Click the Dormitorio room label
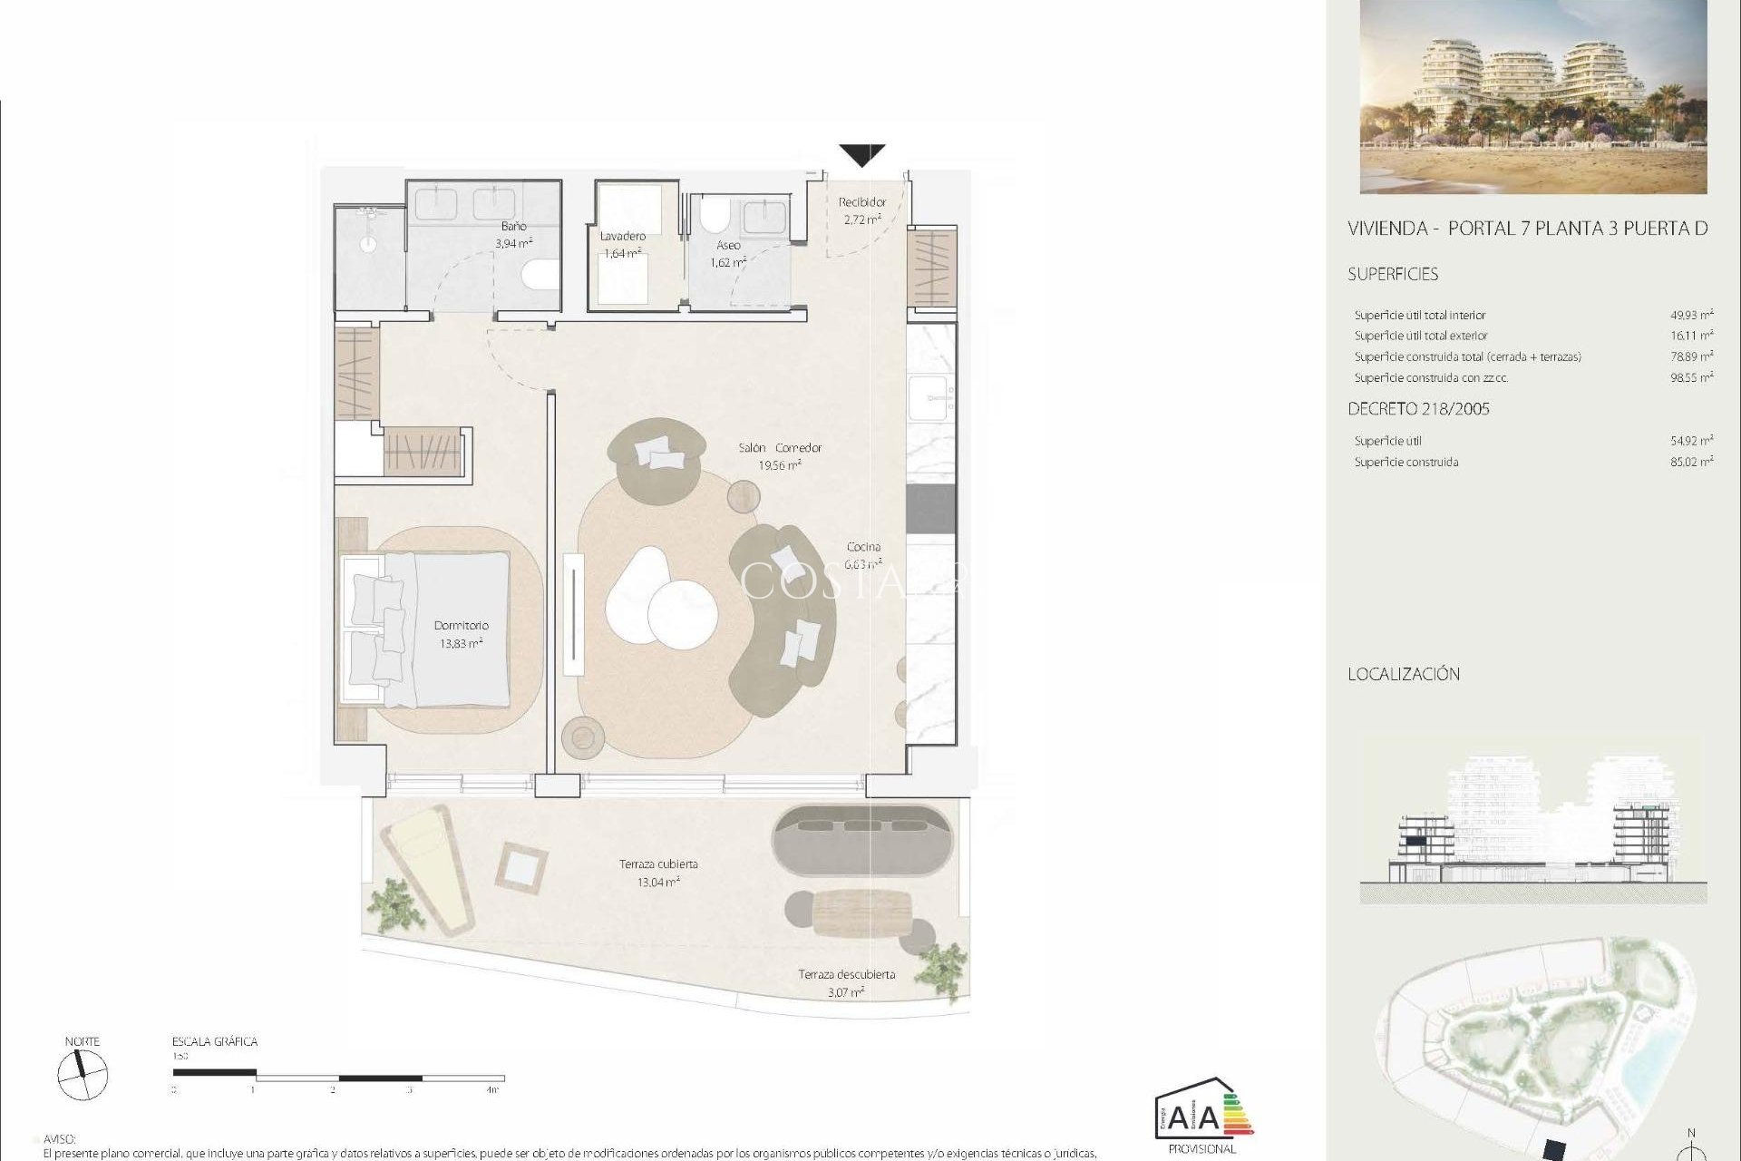pos(461,625)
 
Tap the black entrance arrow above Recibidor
pos(861,155)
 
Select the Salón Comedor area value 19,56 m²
pos(779,465)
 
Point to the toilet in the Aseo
pos(715,217)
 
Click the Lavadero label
pos(623,236)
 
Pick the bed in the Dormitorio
pos(426,629)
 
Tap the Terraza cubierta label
pos(658,863)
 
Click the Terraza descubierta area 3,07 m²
pos(845,991)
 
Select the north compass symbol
pos(83,1077)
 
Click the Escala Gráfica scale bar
pos(336,1078)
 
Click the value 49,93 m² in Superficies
pos(1691,315)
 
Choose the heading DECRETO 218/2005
pos(1418,409)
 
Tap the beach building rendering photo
pos(1532,96)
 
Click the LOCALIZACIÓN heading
pos(1404,674)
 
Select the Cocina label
pos(863,546)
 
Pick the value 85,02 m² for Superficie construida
pos(1691,462)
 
